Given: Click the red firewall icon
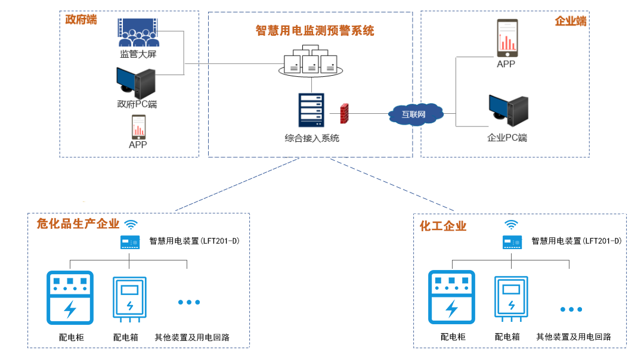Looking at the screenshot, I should click(x=344, y=113).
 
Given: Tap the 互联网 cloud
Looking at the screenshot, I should click(x=416, y=113).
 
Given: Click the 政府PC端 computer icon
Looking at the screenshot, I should click(x=136, y=83).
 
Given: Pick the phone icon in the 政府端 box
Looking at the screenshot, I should click(x=138, y=127).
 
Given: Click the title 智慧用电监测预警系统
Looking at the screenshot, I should click(x=315, y=30).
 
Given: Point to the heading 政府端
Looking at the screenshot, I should click(x=81, y=20).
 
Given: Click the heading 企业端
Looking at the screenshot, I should click(x=571, y=21).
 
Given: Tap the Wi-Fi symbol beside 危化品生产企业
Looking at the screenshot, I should click(x=131, y=224).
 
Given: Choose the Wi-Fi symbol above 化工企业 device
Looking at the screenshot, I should click(x=512, y=224).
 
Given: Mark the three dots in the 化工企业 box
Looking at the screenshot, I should click(x=571, y=309).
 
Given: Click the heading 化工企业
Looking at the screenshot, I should click(x=443, y=226).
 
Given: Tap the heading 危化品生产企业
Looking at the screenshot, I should click(x=78, y=224).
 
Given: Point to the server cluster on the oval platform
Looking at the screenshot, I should click(x=311, y=61).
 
